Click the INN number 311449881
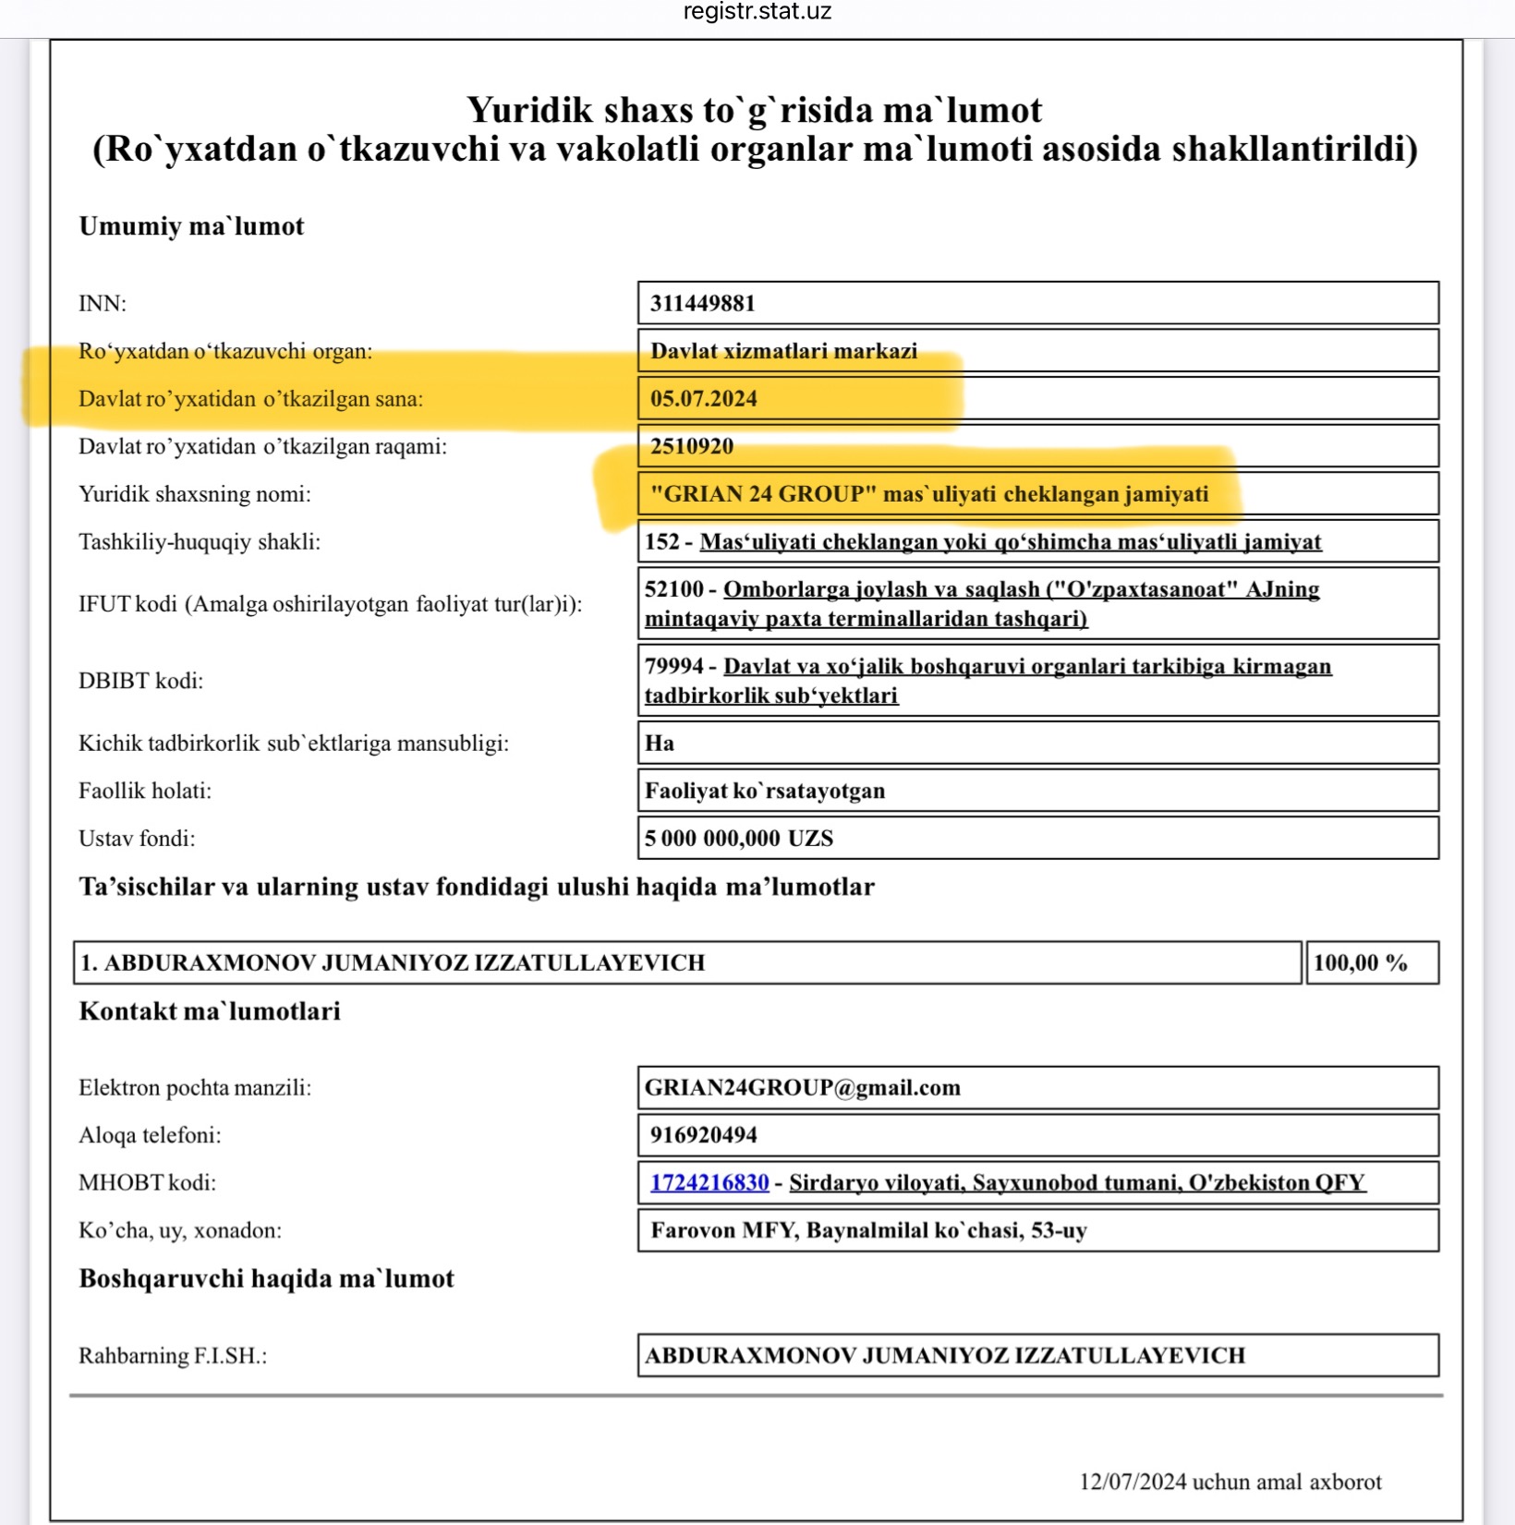(x=702, y=304)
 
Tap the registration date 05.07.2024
(x=703, y=399)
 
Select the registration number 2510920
(x=691, y=447)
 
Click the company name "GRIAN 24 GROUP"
(x=763, y=494)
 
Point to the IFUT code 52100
(x=673, y=589)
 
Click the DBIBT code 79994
(x=673, y=667)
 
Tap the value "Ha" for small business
(x=660, y=744)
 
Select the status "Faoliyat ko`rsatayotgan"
(x=765, y=792)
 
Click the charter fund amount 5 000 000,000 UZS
(x=739, y=839)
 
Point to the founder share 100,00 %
(x=1360, y=963)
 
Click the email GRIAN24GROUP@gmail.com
(x=802, y=1088)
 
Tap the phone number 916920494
(x=703, y=1135)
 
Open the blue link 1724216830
(x=709, y=1183)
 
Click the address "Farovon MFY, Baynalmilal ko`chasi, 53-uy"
(x=868, y=1231)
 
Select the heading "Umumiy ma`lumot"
(x=191, y=226)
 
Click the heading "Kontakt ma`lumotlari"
(x=210, y=1011)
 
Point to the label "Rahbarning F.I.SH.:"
(x=173, y=1356)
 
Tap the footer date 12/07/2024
(x=1133, y=1482)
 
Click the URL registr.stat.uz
(x=757, y=12)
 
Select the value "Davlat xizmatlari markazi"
(x=783, y=351)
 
